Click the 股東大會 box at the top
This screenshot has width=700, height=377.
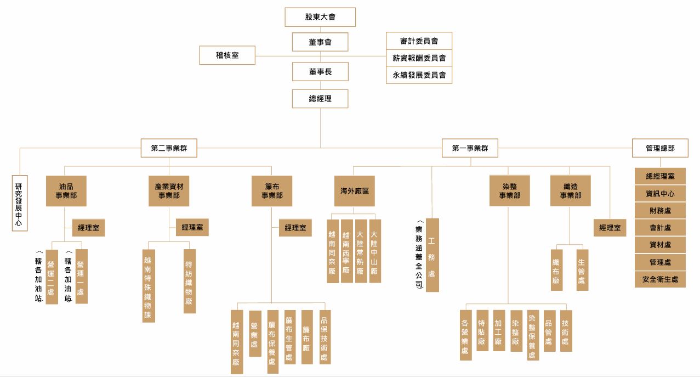[320, 17]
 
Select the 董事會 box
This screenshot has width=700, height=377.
[320, 42]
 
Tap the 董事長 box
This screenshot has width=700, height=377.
[320, 71]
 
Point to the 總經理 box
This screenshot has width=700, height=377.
[320, 99]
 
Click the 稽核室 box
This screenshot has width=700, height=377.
[227, 55]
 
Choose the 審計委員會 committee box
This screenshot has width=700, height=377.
[419, 41]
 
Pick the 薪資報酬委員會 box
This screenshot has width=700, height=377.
[419, 58]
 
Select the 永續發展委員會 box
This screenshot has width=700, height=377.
[419, 75]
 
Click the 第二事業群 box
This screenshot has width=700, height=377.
[169, 148]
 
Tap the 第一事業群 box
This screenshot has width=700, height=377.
[470, 148]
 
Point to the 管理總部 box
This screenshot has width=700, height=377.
[660, 148]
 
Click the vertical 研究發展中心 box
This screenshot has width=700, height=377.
[20, 203]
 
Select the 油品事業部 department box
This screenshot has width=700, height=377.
[66, 191]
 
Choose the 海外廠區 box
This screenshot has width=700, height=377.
[354, 191]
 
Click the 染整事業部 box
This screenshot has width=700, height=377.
[509, 191]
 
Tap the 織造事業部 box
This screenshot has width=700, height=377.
[570, 191]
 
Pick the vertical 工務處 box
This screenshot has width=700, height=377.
[432, 255]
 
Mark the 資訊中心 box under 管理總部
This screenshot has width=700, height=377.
[660, 194]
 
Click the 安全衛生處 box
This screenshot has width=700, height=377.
[660, 279]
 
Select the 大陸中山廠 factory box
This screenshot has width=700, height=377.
[375, 251]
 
